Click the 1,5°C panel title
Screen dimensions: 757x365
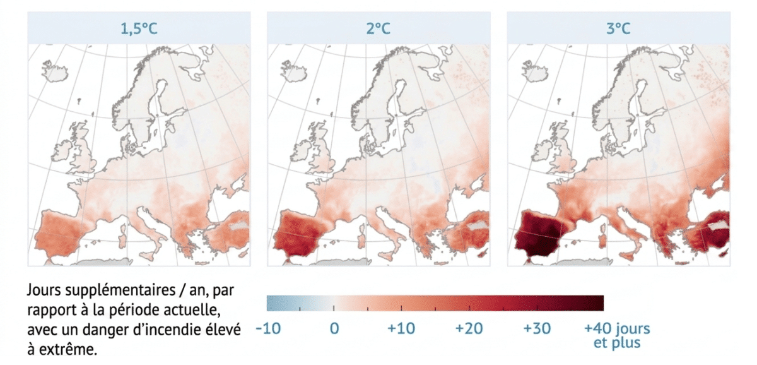pos(139,28)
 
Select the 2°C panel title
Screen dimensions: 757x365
pos(378,28)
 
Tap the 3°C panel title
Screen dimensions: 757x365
pos(618,28)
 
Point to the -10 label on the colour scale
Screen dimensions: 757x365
pos(268,328)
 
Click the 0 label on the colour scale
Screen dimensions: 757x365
pos(334,328)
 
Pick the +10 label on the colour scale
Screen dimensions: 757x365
pos(401,328)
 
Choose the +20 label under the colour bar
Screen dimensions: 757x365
pos(469,328)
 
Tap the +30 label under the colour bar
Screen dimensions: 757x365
pos(537,328)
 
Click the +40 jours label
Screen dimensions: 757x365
pos(617,328)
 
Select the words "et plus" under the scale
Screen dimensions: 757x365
pos(617,343)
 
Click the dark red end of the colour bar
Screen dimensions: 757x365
pos(598,303)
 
